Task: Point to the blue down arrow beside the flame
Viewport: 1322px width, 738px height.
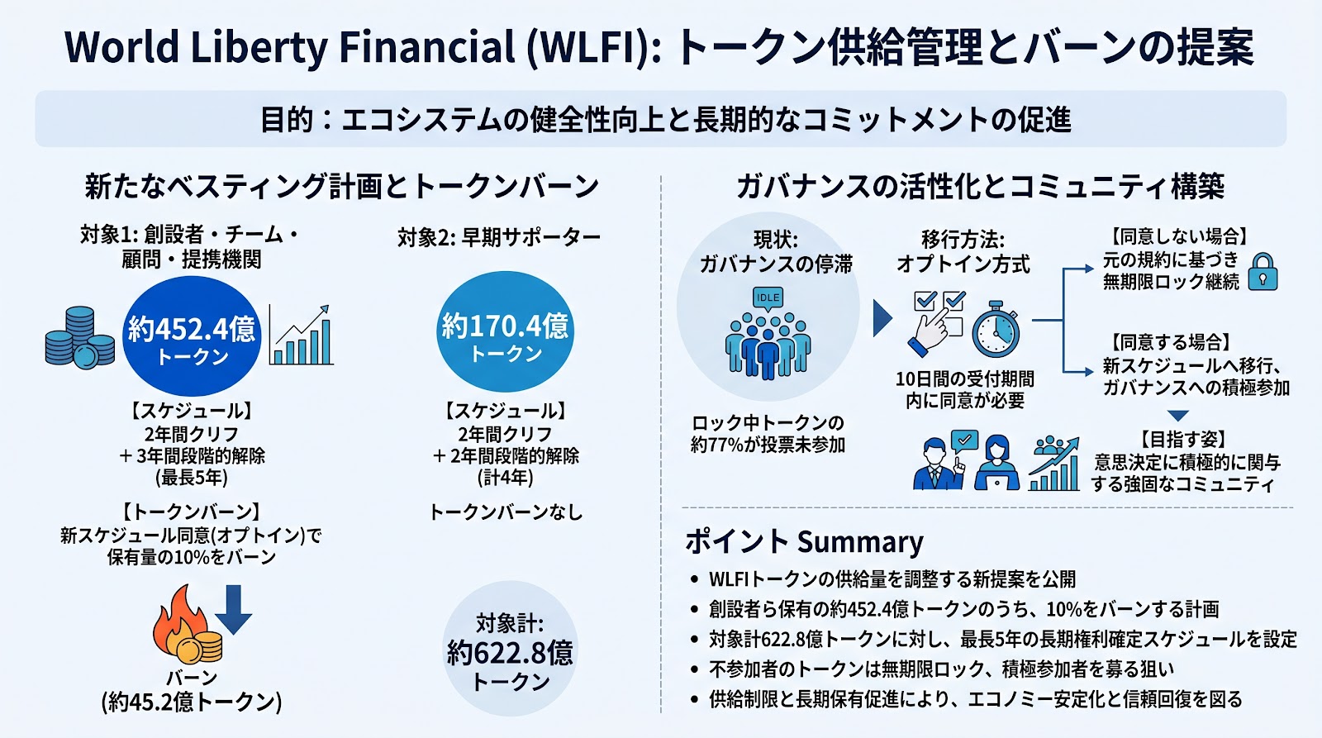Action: [234, 609]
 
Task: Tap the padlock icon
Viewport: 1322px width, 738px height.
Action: [1263, 272]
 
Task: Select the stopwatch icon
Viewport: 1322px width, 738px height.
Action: [996, 329]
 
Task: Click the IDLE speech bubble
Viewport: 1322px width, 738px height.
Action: [768, 298]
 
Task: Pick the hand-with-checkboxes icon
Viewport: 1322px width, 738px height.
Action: [938, 321]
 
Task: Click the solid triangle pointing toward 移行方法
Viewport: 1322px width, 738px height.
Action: [882, 318]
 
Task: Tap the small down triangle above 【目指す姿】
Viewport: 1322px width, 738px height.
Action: [1178, 416]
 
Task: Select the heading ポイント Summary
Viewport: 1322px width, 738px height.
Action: [804, 542]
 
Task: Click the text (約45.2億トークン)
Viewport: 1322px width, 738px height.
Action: [192, 702]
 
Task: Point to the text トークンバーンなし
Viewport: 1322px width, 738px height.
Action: [506, 512]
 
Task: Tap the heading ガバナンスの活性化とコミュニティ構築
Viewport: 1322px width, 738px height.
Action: [980, 187]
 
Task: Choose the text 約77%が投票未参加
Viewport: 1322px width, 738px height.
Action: [768, 445]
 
